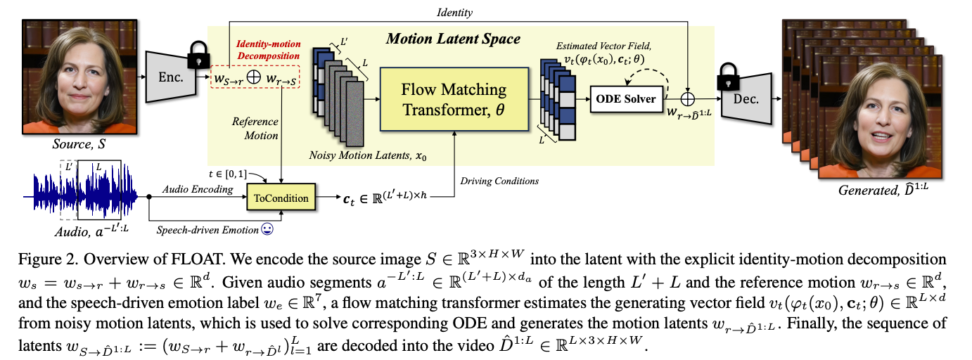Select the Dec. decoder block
pos(746,99)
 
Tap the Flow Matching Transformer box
pos(454,99)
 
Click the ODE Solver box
pos(626,98)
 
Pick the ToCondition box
pos(281,198)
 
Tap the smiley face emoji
pos(267,229)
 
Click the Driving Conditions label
pos(499,181)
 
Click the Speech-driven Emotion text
pos(207,229)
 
